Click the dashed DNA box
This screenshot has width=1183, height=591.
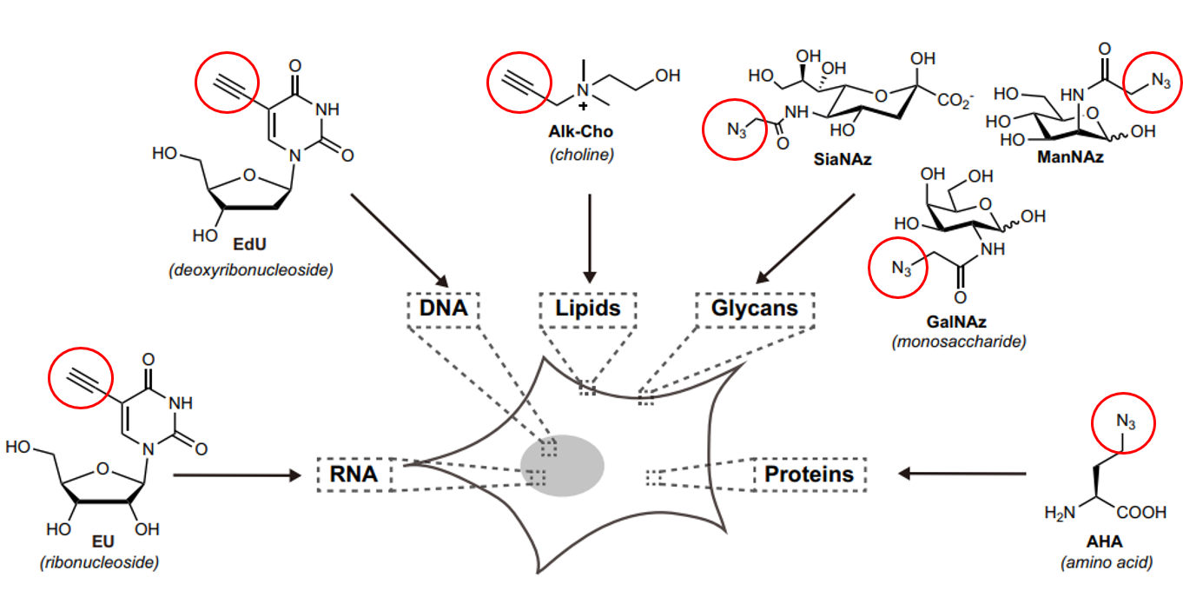click(443, 309)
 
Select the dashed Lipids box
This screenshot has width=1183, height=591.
click(588, 309)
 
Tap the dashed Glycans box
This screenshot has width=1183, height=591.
click(754, 309)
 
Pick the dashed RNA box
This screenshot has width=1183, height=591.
click(354, 475)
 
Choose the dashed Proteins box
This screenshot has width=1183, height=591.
click(809, 475)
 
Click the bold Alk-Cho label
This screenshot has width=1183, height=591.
click(581, 135)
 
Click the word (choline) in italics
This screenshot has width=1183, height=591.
click(581, 156)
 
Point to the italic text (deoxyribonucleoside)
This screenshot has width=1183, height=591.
click(251, 270)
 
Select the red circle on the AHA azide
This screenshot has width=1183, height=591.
click(1125, 424)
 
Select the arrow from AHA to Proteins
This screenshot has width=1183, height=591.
click(962, 474)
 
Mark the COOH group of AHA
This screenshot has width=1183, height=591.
click(1140, 514)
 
